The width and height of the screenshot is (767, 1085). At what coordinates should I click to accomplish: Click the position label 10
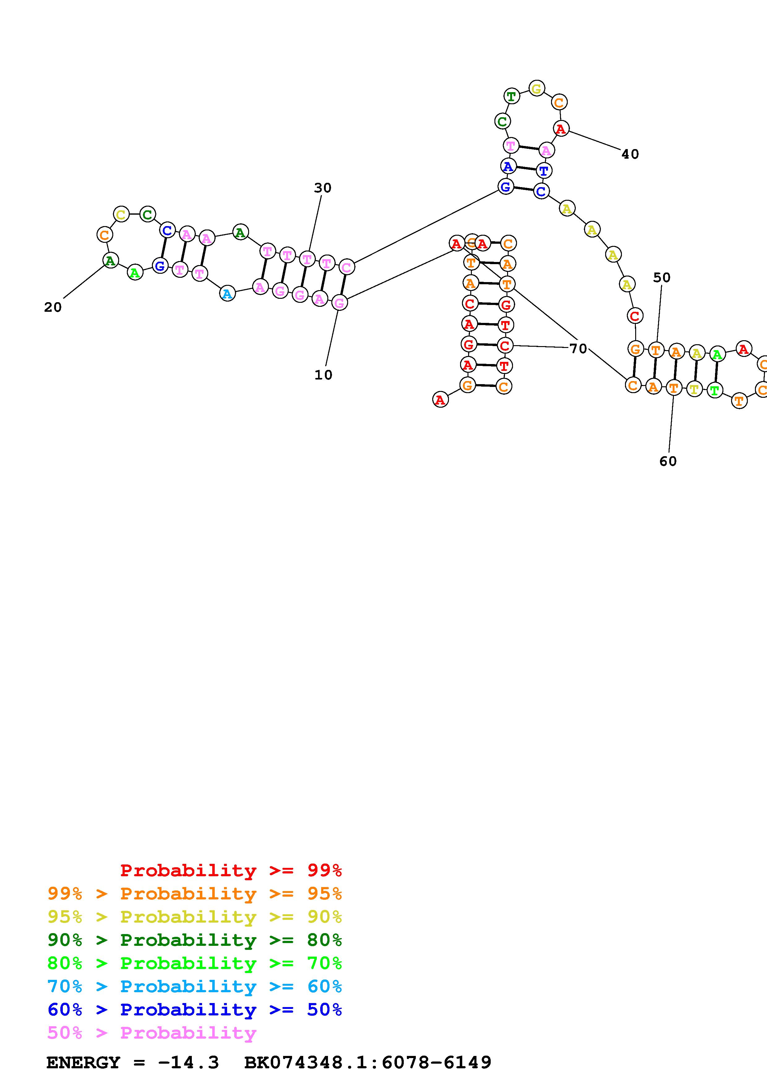[323, 375]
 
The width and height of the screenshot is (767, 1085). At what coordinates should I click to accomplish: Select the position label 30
[323, 188]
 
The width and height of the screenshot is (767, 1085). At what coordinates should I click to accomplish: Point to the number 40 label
[630, 154]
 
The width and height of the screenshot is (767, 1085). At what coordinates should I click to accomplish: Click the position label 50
[661, 278]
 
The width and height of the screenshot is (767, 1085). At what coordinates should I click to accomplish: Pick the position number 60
[668, 461]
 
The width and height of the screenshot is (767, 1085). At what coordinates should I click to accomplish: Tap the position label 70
[578, 349]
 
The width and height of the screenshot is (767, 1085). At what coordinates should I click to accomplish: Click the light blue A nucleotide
[227, 294]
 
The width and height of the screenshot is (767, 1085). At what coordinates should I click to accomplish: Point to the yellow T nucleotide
[694, 390]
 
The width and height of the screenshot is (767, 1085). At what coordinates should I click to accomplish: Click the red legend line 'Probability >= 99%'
[231, 870]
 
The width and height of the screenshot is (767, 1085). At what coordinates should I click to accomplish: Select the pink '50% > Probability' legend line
[152, 1032]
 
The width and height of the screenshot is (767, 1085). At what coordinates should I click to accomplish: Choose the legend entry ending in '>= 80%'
[194, 940]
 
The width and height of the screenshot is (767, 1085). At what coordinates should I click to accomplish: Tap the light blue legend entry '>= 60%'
[194, 986]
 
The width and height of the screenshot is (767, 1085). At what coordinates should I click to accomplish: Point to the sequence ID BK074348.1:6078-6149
[368, 1062]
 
